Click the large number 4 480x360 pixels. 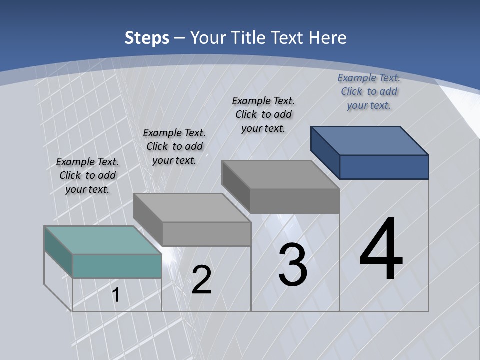[x=381, y=250]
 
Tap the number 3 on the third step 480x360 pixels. [x=293, y=265]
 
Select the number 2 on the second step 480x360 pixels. [x=201, y=280]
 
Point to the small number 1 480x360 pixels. [x=116, y=295]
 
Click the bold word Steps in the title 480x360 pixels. [x=147, y=38]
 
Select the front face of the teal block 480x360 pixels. [x=117, y=266]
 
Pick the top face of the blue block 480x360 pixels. [x=370, y=140]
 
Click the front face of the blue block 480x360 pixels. [x=384, y=167]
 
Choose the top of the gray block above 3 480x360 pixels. [x=280, y=174]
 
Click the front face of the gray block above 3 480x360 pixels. [x=294, y=201]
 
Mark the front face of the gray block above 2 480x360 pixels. [x=206, y=233]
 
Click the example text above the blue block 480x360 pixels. [x=369, y=91]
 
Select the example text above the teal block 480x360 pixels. [x=87, y=175]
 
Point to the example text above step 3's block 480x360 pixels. [x=263, y=114]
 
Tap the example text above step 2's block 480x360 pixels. [x=174, y=146]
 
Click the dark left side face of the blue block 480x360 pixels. [x=325, y=152]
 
